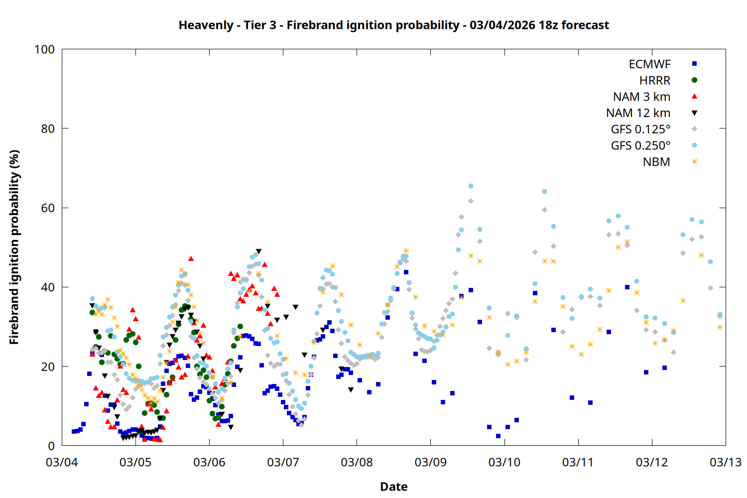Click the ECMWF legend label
649,64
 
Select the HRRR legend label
655,81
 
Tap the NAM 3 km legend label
641,97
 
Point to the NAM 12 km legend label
638,113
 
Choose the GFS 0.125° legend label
640,129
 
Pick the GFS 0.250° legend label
640,146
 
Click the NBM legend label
656,162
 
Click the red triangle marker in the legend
694,97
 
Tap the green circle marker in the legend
694,80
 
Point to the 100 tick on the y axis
44,49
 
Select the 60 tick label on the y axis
48,208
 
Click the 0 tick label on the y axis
51,446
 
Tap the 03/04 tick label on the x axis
62,462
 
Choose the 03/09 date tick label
430,462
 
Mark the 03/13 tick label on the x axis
725,462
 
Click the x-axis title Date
393,487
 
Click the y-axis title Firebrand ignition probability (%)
14,248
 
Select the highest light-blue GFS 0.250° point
471,186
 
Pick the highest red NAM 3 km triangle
191,258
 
